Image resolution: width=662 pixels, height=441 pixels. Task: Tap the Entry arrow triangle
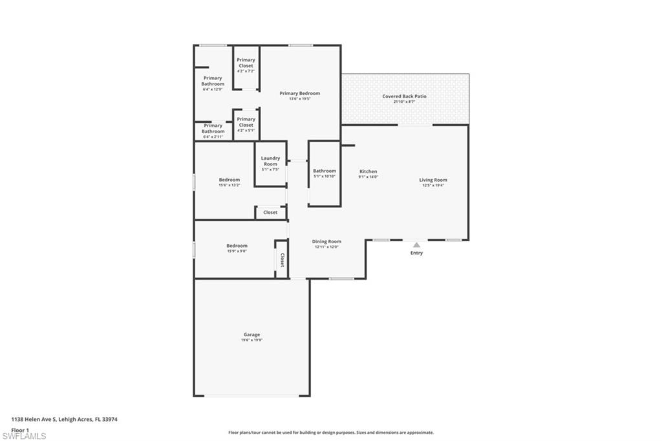(416, 245)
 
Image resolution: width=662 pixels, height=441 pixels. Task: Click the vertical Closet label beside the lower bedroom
(282, 260)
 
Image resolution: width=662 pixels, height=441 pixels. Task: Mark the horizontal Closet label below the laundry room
(270, 212)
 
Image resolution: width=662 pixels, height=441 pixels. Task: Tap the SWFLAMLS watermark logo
(24, 436)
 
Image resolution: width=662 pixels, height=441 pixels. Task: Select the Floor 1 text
(20, 429)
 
